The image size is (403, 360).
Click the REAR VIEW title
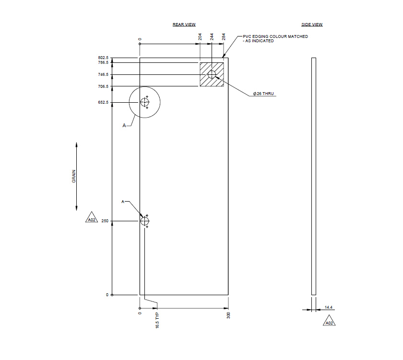(184, 24)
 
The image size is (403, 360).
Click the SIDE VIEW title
(312, 24)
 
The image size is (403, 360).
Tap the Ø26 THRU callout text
(264, 94)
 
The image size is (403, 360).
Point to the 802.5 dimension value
(103, 58)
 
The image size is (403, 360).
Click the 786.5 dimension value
(103, 62)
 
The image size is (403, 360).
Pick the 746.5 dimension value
(103, 74)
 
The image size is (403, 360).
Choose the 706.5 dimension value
(103, 86)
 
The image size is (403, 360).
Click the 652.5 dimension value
(103, 102)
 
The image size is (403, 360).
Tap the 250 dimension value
(105, 221)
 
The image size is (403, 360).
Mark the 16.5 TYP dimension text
(157, 321)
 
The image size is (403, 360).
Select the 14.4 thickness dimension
(329, 307)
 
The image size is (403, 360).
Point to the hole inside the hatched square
(212, 74)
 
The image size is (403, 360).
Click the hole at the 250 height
(145, 221)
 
